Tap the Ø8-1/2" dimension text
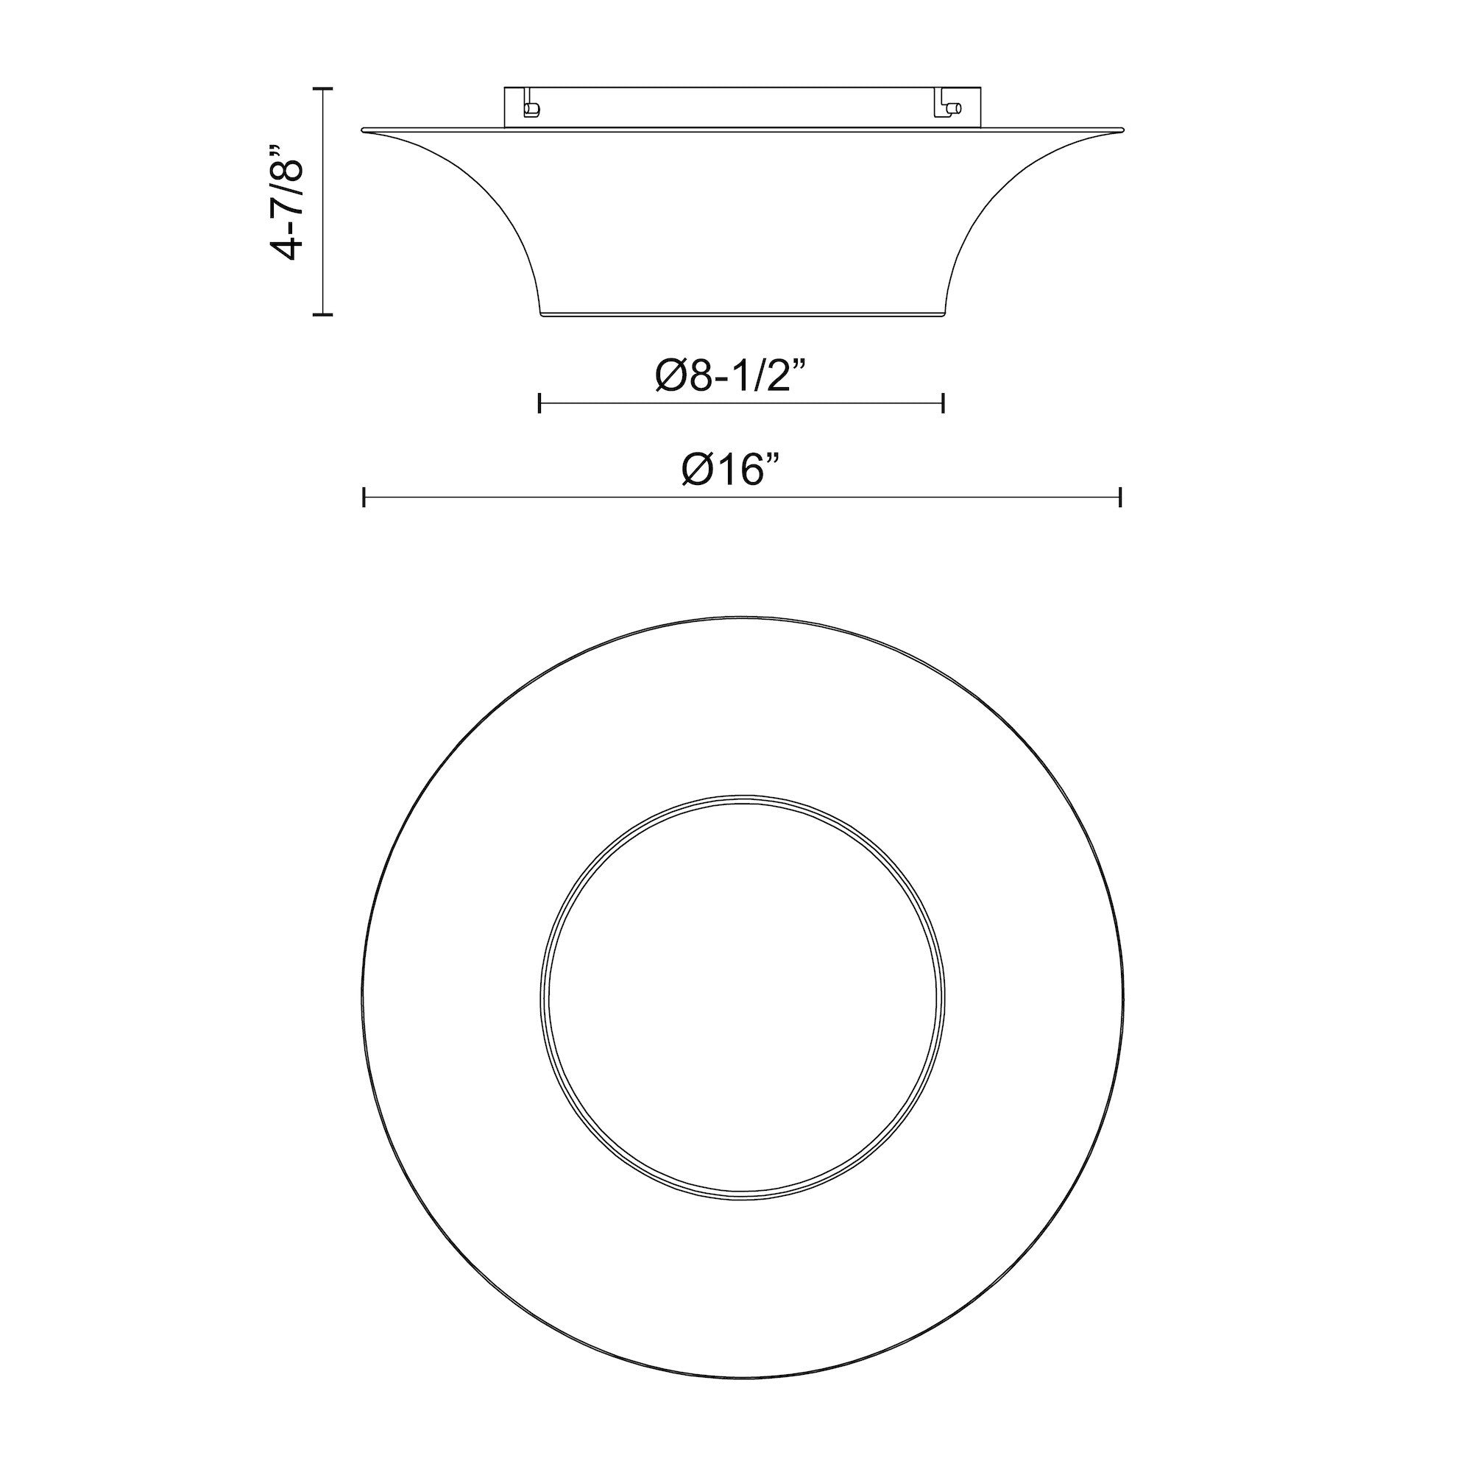[732, 376]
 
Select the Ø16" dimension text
[732, 470]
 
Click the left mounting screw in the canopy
[531, 109]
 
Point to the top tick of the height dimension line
[324, 90]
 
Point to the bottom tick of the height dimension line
[324, 313]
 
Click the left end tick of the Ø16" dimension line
[364, 498]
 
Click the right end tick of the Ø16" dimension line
[1120, 498]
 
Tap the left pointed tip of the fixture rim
[364, 130]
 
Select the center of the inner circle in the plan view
[742, 997]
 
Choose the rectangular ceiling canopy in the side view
[742, 107]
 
